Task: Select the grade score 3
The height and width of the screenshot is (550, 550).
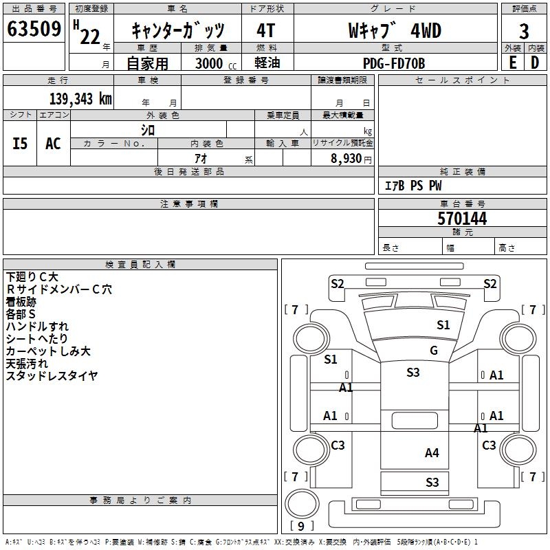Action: [x=524, y=31]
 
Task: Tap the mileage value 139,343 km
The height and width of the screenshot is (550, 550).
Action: [x=80, y=98]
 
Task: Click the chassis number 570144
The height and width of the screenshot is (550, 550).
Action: [x=462, y=219]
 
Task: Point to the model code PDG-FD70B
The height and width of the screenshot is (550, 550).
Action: [x=394, y=63]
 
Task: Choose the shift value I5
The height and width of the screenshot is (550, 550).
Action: [x=21, y=143]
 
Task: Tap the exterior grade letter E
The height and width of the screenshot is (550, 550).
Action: [x=512, y=63]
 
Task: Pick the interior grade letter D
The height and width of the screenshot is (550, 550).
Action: [x=535, y=63]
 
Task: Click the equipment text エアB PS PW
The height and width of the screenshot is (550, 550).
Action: [x=413, y=186]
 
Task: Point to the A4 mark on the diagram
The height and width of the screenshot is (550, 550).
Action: [x=432, y=452]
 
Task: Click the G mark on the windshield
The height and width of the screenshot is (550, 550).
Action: [x=434, y=351]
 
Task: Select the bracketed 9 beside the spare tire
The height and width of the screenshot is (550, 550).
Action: [x=301, y=527]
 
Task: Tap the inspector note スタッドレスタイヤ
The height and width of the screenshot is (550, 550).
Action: [x=52, y=375]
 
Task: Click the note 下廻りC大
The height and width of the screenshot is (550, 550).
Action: [x=32, y=276]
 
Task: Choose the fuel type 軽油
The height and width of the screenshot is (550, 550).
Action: [x=267, y=63]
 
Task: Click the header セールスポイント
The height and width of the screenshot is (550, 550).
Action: [x=463, y=80]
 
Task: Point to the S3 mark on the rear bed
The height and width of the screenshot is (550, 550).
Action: [x=432, y=482]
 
